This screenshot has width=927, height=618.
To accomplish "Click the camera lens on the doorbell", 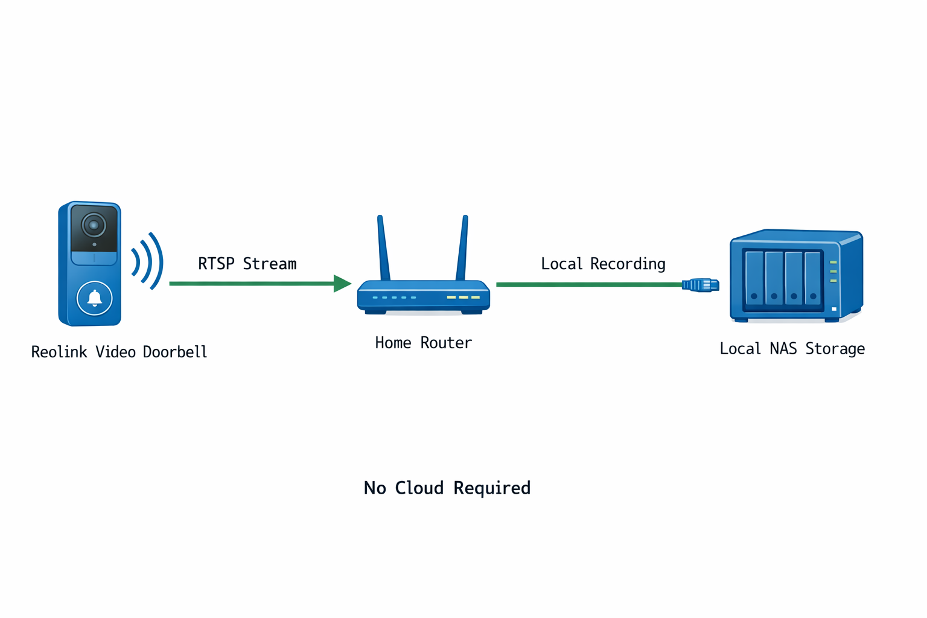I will [x=94, y=225].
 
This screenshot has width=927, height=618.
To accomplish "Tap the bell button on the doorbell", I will [x=95, y=298].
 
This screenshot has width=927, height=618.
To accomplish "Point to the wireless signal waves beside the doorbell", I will [x=147, y=261].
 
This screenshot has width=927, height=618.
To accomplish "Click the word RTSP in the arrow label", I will [x=216, y=264].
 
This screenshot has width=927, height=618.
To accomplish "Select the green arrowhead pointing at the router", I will [x=342, y=283].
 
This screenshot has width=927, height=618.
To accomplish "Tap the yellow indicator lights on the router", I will [x=463, y=298].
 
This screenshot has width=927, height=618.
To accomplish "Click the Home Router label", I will [x=423, y=343].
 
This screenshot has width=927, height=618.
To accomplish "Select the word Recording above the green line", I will [x=628, y=264].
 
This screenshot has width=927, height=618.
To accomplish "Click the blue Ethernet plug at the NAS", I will [x=701, y=285].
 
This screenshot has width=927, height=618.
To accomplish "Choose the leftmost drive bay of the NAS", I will [x=754, y=278].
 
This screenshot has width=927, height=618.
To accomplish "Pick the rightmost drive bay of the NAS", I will [x=813, y=278].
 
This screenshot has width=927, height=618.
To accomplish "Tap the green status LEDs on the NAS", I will [x=833, y=272].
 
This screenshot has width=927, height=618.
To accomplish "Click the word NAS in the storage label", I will [x=783, y=349].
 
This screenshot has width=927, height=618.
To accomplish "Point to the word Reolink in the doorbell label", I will [x=59, y=352].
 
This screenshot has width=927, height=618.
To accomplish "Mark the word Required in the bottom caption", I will [x=492, y=488].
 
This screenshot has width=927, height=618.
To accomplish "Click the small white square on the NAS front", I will [x=834, y=309].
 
